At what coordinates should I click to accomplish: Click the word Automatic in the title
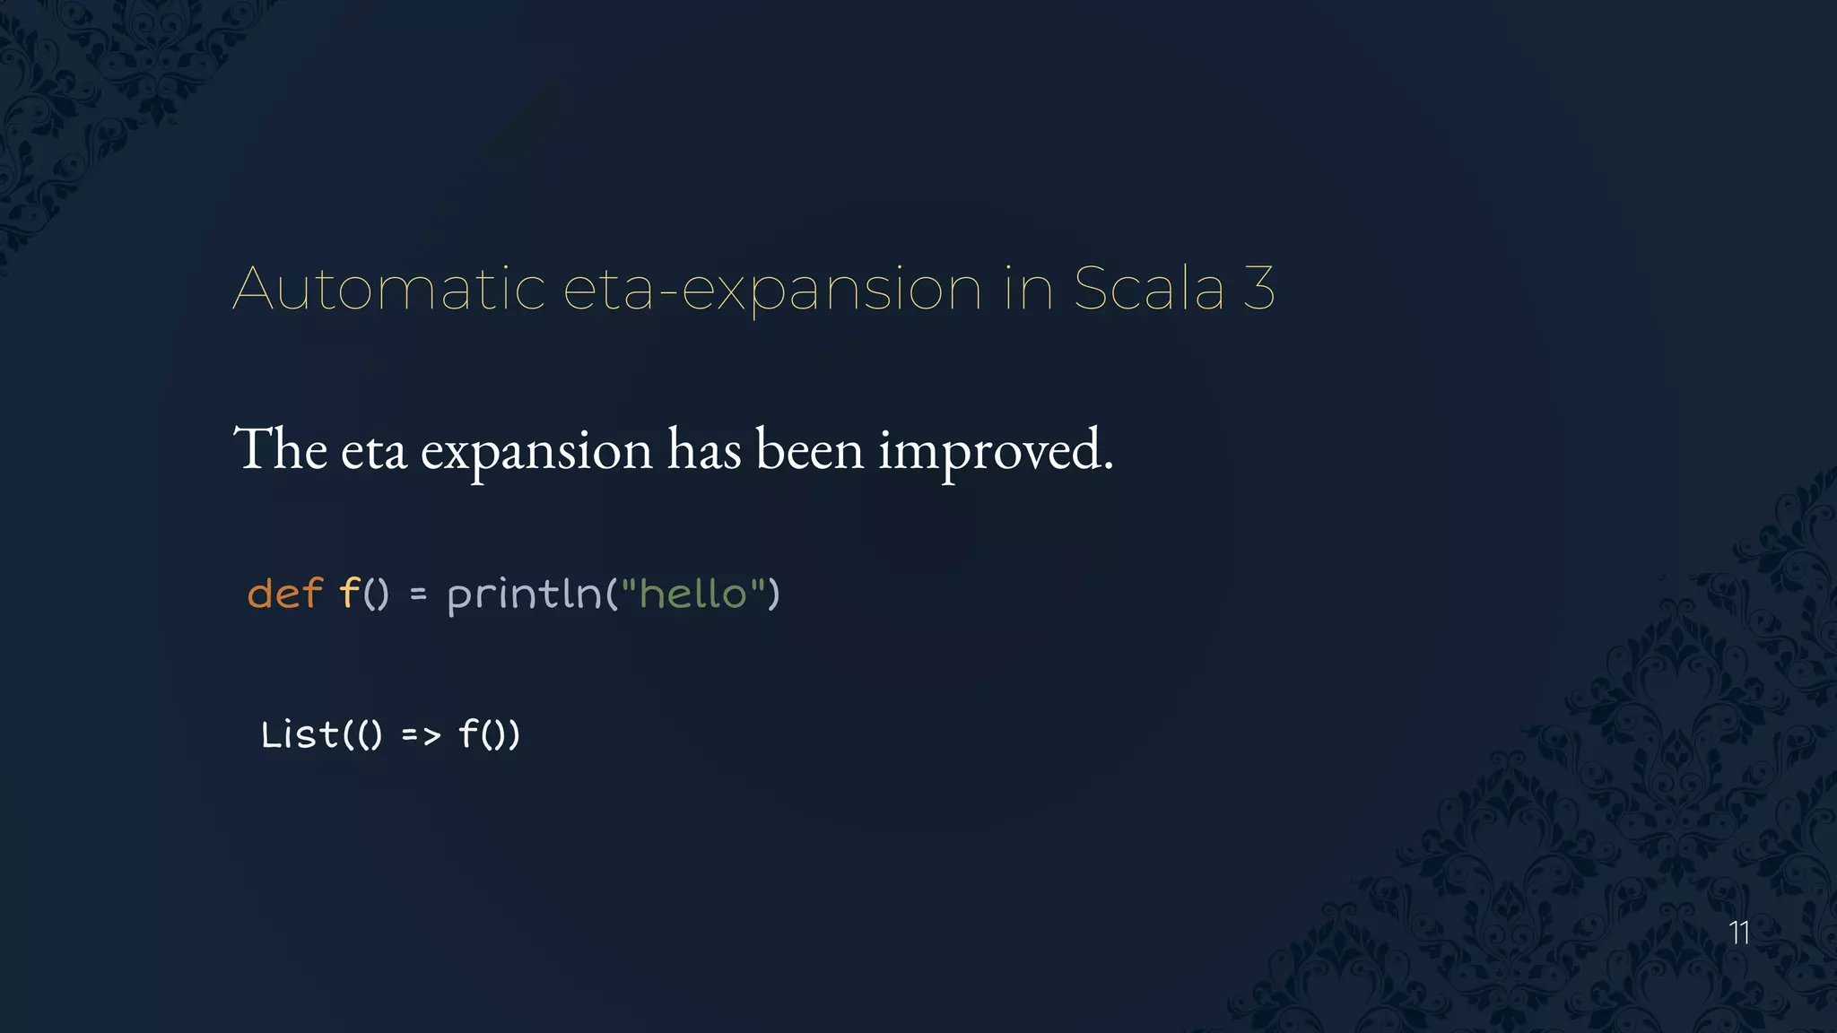click(388, 289)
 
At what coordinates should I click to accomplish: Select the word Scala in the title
click(1148, 289)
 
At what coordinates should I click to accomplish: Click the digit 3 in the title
click(1259, 289)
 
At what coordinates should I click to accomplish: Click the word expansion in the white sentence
click(536, 450)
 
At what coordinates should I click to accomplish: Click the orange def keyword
click(284, 594)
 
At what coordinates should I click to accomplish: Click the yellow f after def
click(348, 594)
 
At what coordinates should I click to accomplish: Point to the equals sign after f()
click(418, 595)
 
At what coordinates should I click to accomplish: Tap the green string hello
click(692, 594)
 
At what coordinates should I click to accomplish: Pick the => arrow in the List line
click(421, 736)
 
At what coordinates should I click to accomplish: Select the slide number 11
click(1739, 933)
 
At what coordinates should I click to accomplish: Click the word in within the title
click(1028, 289)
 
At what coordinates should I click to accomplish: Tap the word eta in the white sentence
click(373, 450)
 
